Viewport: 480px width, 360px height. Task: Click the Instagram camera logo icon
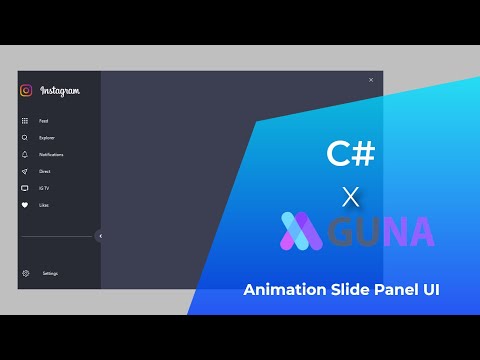pyautogui.click(x=26, y=90)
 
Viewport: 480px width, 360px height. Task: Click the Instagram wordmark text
pyautogui.click(x=60, y=91)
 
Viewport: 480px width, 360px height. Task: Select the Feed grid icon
pyautogui.click(x=25, y=120)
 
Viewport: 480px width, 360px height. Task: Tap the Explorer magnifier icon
pyautogui.click(x=25, y=137)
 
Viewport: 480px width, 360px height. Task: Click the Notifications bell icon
pyautogui.click(x=25, y=154)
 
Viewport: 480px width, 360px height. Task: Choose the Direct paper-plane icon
pyautogui.click(x=25, y=171)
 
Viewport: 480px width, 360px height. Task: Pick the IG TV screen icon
pyautogui.click(x=25, y=188)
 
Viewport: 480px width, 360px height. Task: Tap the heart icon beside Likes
pyautogui.click(x=25, y=205)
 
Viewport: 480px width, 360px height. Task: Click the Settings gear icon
pyautogui.click(x=25, y=273)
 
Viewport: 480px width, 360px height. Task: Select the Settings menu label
pyautogui.click(x=50, y=273)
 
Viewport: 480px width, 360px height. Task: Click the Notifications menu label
pyautogui.click(x=51, y=155)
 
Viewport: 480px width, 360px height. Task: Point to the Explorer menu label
pyautogui.click(x=47, y=138)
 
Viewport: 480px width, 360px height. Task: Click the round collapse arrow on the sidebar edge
pyautogui.click(x=100, y=236)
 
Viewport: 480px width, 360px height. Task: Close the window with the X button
pyautogui.click(x=371, y=80)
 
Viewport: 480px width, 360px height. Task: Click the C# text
pyautogui.click(x=351, y=153)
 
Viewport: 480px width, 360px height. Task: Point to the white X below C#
pyautogui.click(x=350, y=194)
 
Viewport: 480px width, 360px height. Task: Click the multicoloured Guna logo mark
pyautogui.click(x=301, y=231)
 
